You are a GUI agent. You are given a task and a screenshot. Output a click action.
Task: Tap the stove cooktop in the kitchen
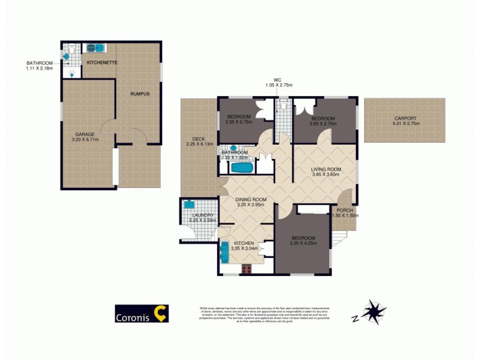click(246, 269)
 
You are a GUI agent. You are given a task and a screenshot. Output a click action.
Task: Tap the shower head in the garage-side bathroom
click(73, 74)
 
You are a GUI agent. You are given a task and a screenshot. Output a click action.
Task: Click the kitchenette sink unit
click(97, 49)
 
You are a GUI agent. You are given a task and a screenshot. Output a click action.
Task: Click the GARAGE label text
click(86, 134)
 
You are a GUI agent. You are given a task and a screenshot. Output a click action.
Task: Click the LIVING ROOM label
click(326, 170)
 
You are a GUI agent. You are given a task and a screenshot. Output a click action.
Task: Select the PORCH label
click(344, 209)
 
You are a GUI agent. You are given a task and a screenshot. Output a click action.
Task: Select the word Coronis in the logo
click(133, 314)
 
